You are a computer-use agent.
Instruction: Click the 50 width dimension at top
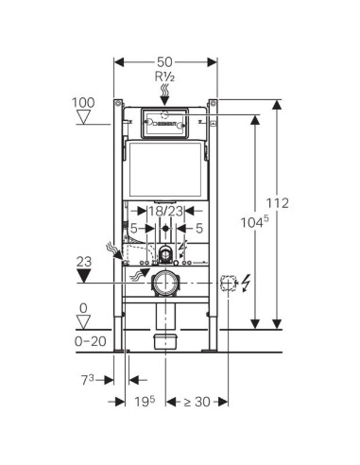click(x=164, y=61)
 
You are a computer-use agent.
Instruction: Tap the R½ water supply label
click(x=164, y=77)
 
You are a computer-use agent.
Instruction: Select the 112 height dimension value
click(x=278, y=203)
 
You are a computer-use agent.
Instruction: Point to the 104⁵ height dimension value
click(x=255, y=222)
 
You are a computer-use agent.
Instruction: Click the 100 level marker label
click(x=83, y=103)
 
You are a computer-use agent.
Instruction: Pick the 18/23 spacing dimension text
click(x=165, y=211)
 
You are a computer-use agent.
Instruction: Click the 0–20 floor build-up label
click(x=91, y=341)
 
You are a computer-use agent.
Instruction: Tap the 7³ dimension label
click(x=88, y=380)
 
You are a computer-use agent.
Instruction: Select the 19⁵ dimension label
click(x=145, y=402)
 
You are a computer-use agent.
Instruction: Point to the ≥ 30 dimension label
click(x=197, y=402)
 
